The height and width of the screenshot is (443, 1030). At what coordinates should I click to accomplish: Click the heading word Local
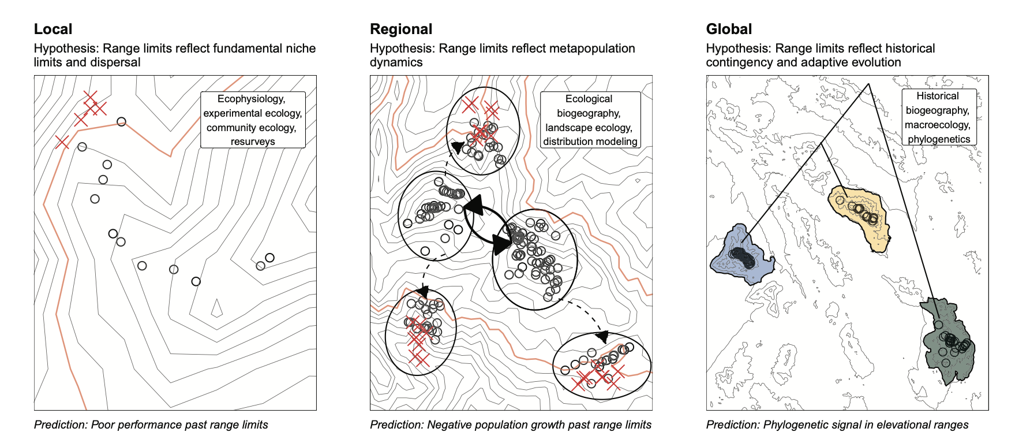coord(53,29)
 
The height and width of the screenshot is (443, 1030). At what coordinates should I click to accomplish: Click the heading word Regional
coord(401,29)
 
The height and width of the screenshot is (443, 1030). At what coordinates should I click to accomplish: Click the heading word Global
coord(729,29)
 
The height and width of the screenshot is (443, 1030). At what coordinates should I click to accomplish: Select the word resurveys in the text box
coord(253,142)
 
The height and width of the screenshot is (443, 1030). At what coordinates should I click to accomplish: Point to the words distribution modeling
coord(590,142)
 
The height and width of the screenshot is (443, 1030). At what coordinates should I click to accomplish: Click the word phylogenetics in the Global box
coord(939,139)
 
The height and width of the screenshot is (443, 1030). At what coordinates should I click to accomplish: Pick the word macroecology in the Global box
coord(938,125)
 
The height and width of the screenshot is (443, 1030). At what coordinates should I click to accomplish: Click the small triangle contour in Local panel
coord(217,308)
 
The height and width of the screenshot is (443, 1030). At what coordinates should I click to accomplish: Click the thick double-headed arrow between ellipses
coord(486,225)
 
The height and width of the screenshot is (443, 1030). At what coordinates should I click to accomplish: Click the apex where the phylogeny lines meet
coord(868,84)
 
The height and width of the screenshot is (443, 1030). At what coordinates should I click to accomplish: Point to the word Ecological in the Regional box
coord(589,99)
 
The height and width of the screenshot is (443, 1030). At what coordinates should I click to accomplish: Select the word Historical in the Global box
coord(938,96)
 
